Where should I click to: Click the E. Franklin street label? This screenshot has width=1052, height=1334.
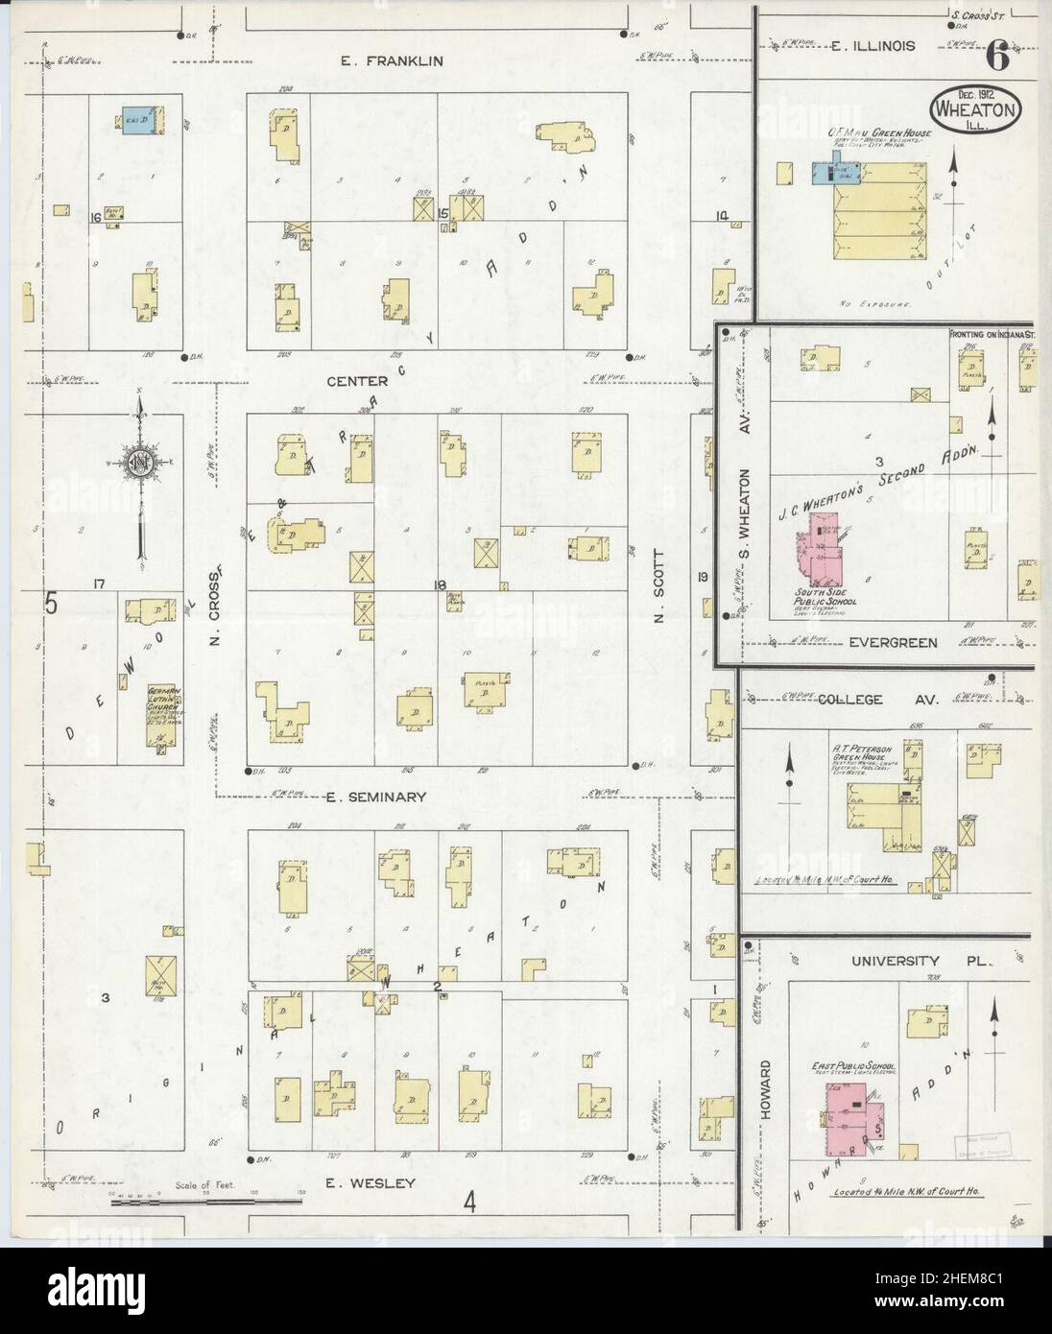393,60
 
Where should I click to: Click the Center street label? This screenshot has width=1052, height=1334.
356,381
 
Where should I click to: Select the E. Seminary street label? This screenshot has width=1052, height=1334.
375,797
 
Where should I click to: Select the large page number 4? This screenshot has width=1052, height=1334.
470,1201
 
